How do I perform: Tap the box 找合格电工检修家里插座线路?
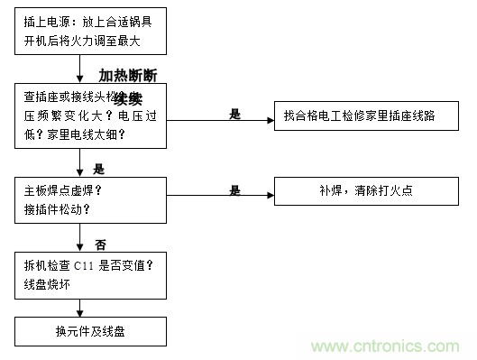362,116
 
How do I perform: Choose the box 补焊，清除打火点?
362,190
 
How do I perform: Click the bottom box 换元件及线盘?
90,331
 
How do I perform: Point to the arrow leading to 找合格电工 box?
221,121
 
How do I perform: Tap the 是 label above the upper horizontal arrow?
236,114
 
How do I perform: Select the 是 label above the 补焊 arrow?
235,190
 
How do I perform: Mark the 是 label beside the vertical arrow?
99,168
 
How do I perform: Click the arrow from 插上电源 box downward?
79,68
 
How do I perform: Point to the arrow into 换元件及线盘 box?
79,309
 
